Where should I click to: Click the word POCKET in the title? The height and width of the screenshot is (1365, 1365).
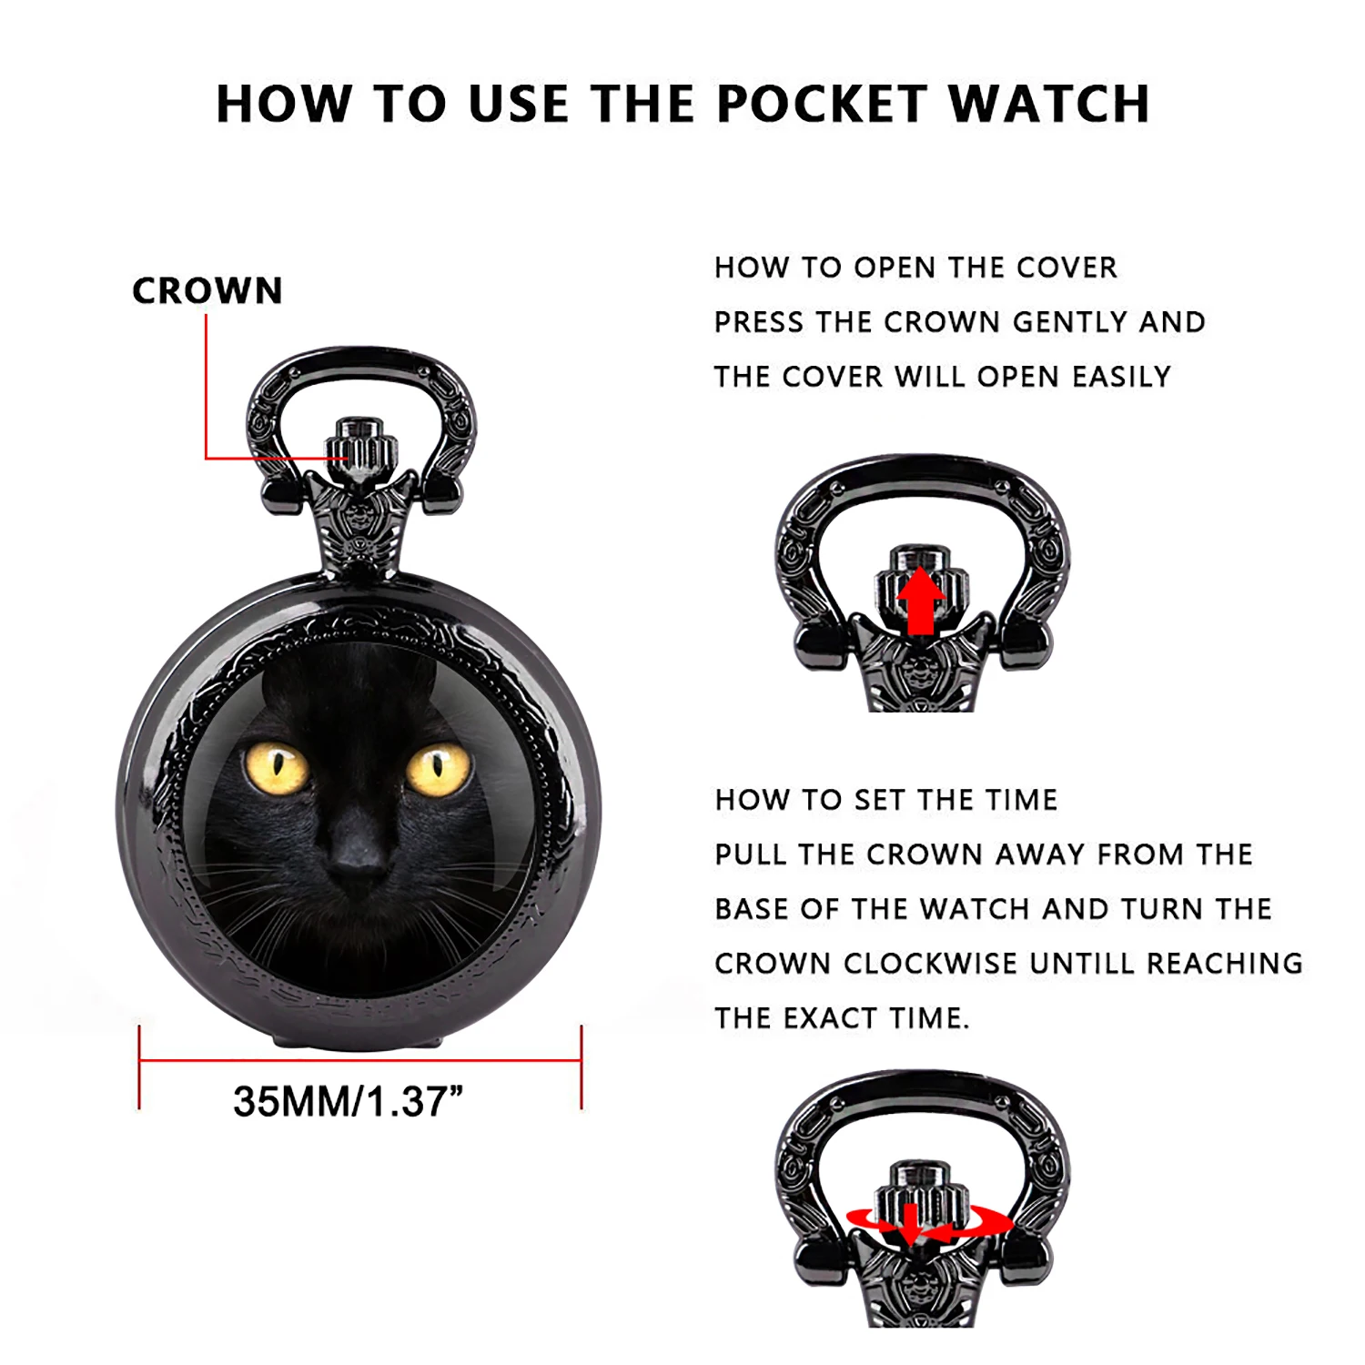point(820,104)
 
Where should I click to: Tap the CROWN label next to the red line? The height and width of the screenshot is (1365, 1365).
point(207,291)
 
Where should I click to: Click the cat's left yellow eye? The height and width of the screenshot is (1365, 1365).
point(277,767)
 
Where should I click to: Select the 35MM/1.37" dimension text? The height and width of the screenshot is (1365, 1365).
point(348,1102)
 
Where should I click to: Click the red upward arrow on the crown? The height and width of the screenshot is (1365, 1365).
point(921,601)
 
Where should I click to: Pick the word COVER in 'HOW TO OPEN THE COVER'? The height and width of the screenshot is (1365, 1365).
point(1067,268)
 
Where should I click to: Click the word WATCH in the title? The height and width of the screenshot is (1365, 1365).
point(1049,104)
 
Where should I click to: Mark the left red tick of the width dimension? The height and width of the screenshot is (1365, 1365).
point(139,1067)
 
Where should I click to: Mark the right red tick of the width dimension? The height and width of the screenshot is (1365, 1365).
point(581,1067)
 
